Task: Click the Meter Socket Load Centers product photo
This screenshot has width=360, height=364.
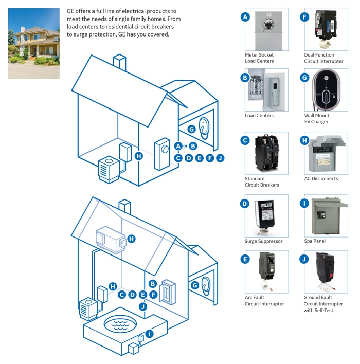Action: point(266,29)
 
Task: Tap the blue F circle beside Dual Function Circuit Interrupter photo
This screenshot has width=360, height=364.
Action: point(304,17)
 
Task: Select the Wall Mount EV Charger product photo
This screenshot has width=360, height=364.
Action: point(326,90)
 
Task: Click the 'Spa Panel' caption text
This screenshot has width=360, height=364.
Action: point(315,241)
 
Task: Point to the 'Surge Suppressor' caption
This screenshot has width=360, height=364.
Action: point(263,241)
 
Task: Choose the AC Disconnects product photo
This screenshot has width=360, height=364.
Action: point(326,153)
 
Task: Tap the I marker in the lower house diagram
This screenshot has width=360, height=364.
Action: point(149,334)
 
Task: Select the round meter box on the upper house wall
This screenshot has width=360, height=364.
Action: point(163,153)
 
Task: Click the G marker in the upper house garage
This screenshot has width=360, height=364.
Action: point(191,129)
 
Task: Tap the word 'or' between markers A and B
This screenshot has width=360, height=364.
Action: point(186,146)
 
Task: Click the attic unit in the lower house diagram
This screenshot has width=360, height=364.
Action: point(111,240)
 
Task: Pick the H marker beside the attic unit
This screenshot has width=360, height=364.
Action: point(132,239)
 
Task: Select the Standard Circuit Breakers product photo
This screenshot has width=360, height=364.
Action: point(266,153)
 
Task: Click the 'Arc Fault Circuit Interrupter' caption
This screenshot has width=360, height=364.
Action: point(264,301)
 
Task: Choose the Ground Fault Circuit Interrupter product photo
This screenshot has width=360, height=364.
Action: point(326,271)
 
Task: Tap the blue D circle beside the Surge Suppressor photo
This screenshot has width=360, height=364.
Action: point(245,204)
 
